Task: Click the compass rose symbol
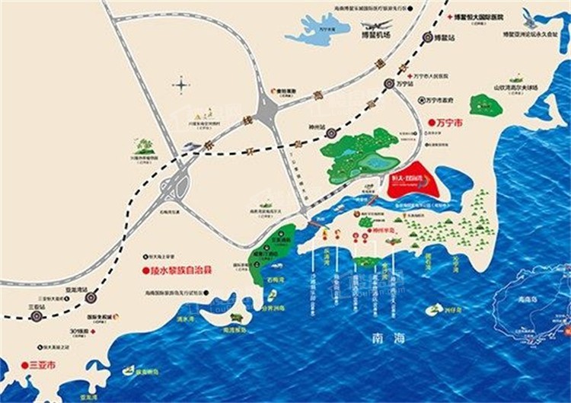click(180, 84)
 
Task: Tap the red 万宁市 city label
click(444, 122)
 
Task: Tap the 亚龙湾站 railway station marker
click(92, 298)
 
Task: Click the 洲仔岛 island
click(435, 309)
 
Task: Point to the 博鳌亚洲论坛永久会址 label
click(533, 34)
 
